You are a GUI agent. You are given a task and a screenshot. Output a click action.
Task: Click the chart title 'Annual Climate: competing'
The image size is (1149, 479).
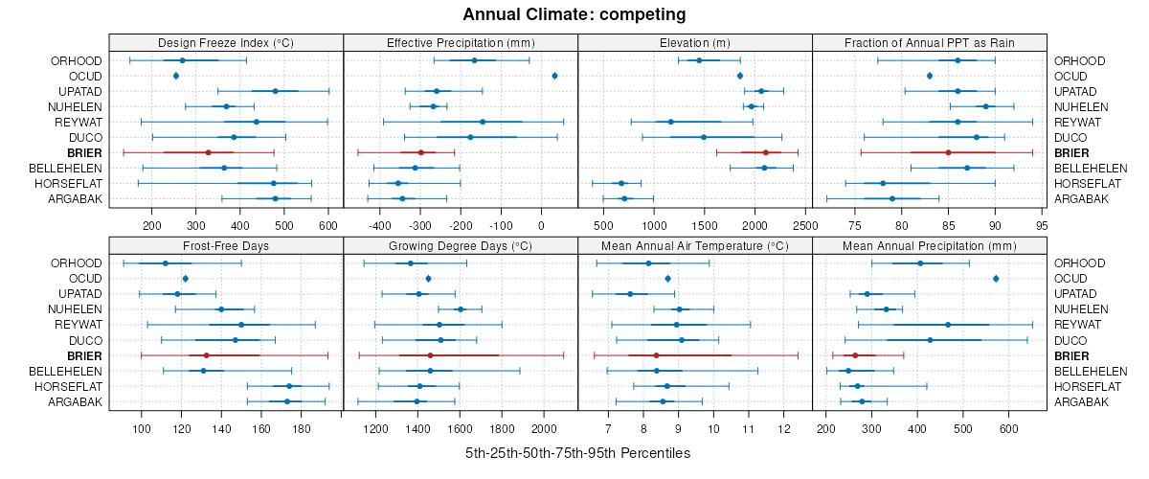click(x=574, y=14)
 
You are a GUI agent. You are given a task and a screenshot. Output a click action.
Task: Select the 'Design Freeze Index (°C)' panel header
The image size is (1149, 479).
click(x=225, y=42)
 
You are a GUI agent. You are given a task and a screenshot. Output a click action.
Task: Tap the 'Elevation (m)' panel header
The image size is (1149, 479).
click(x=694, y=42)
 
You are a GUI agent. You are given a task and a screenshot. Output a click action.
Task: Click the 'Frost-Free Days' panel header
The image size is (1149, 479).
click(x=225, y=244)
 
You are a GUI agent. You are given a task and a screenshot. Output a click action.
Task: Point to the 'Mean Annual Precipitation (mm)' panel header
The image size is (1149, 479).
click(x=929, y=244)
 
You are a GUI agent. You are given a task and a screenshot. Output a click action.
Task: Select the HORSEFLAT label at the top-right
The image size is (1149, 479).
click(x=1087, y=183)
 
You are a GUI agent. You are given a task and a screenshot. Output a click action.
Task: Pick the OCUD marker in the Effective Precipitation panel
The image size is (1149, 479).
click(x=555, y=76)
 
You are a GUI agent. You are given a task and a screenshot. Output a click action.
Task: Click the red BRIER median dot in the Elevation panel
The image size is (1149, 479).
click(x=766, y=152)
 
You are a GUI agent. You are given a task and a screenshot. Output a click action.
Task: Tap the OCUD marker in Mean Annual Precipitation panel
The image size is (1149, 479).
click(x=996, y=278)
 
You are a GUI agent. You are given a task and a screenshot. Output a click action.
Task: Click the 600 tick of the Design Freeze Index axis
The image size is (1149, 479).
click(x=328, y=225)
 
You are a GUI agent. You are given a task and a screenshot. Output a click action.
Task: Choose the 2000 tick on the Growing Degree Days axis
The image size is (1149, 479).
click(x=544, y=427)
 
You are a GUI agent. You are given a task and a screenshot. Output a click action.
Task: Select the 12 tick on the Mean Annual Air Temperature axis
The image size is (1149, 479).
click(x=784, y=427)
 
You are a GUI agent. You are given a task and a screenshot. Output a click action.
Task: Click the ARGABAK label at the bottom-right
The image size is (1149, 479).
click(x=1081, y=401)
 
